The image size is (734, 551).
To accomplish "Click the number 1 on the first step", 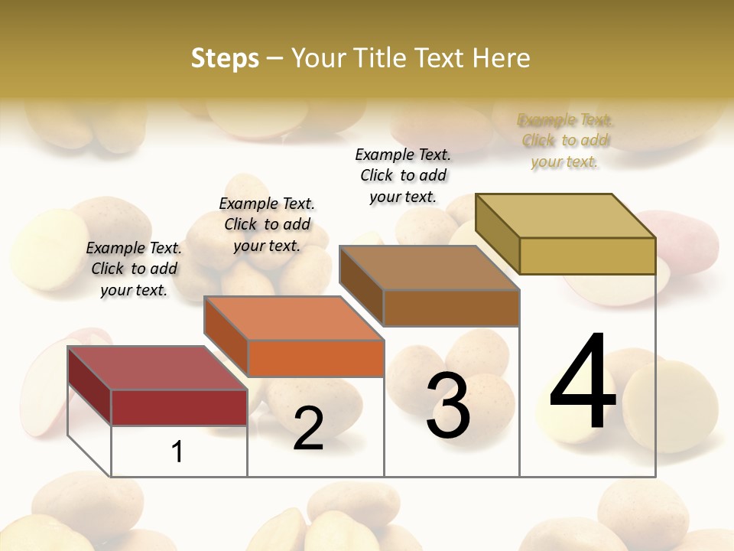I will pos(177,452).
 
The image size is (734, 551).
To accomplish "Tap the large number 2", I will pos(308,429).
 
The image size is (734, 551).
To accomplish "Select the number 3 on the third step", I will pos(448,406).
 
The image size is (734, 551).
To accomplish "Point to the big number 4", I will pos(583,383).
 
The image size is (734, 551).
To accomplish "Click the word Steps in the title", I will pos(225,57).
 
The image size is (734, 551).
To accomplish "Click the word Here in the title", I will pos(501,57).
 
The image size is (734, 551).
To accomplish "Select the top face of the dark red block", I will pos(157,368).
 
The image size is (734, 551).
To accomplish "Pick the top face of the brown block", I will pos(429,268).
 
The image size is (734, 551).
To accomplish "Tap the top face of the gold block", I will pos(565,216).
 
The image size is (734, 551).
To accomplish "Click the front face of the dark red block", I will pos(179,407).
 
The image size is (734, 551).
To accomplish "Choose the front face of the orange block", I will pos(316,358).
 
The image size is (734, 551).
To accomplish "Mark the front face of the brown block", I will pos(451,308).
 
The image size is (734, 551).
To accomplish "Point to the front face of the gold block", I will pos(587,256).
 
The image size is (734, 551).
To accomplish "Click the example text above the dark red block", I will pos(134,269).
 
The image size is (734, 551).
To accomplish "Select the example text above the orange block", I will pos(267,224).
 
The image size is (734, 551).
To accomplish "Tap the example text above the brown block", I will pos(403,175).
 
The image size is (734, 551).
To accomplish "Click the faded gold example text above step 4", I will pos(565,141).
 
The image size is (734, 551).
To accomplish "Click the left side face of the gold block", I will pos(497,233).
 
